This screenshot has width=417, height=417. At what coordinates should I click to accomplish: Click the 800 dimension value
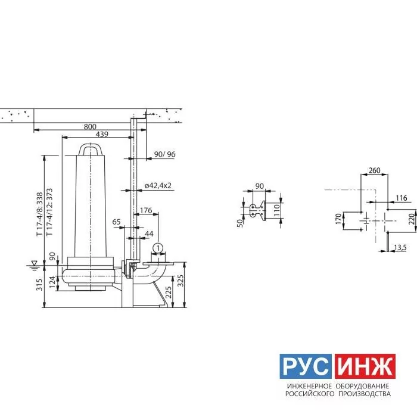[90, 126]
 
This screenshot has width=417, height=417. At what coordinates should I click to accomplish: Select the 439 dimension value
[102, 134]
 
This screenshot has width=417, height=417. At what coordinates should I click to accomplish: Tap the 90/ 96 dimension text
[164, 154]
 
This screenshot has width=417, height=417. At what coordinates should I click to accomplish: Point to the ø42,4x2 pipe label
[158, 186]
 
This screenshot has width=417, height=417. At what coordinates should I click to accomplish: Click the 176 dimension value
[146, 210]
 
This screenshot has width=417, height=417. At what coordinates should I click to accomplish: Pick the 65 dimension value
[117, 222]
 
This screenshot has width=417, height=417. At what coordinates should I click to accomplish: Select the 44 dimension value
[149, 234]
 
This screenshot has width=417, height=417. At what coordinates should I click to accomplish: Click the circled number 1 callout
[158, 248]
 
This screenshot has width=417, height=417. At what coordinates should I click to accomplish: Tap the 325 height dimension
[181, 281]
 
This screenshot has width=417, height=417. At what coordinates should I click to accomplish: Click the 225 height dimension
[169, 292]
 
